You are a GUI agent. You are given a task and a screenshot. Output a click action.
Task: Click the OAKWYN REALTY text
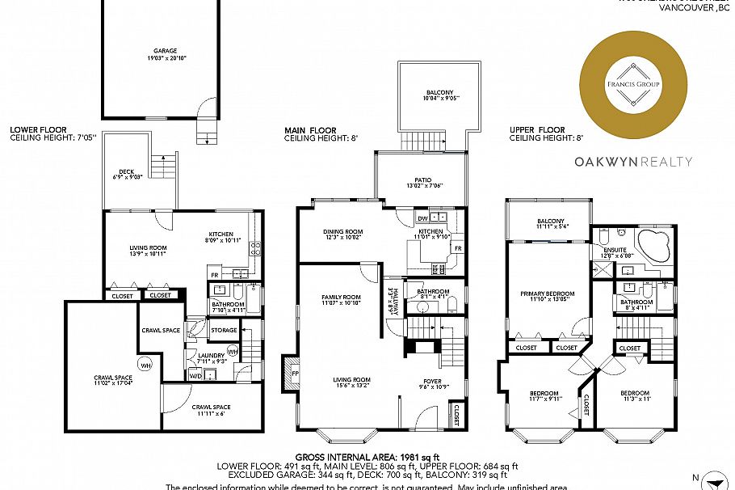632,161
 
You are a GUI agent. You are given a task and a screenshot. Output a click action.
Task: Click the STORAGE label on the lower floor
224,330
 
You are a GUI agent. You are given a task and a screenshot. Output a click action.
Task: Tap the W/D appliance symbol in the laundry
195,375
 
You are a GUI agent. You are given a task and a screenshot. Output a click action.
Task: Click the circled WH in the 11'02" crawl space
145,363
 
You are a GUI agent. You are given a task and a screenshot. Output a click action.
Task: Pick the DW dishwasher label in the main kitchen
422,218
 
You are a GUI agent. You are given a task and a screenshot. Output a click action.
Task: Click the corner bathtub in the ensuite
651,246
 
